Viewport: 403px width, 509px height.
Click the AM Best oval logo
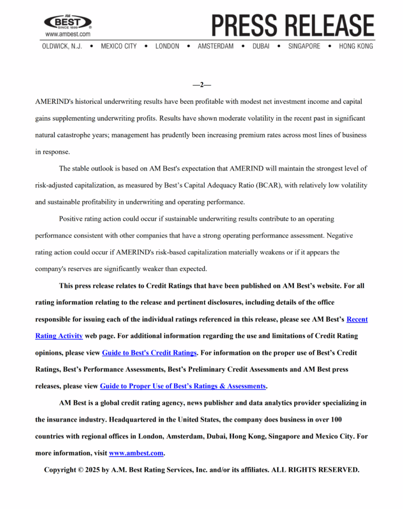click(68, 22)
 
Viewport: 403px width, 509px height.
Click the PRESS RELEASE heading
click(293, 25)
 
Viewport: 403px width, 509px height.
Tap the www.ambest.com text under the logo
click(68, 34)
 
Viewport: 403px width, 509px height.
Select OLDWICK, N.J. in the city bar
click(62, 46)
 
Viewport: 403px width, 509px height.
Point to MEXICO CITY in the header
click(118, 46)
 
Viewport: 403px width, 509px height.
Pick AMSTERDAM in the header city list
click(215, 46)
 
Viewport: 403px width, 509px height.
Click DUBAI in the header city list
click(261, 46)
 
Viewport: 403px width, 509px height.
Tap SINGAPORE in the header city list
click(304, 46)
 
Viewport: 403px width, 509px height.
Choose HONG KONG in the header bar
click(356, 46)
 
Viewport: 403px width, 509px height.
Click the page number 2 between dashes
click(202, 85)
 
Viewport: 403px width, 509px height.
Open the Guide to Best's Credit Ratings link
click(150, 353)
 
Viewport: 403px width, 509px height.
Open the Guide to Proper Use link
click(183, 386)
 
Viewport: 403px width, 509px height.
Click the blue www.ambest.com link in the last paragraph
click(136, 453)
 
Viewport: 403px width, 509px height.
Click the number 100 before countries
click(336, 420)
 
